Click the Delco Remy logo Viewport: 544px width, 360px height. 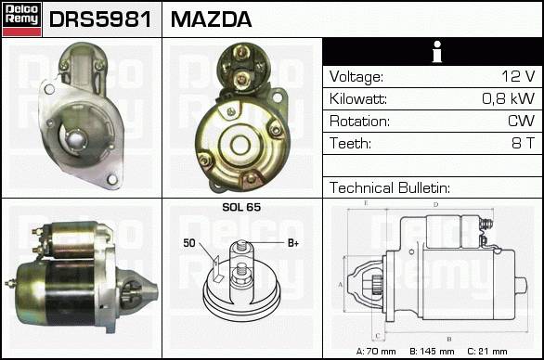[22, 19]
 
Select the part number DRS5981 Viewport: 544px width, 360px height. [100, 19]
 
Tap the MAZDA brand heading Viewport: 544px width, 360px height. [211, 19]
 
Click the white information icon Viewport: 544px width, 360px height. [437, 52]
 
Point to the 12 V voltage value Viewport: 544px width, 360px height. [518, 76]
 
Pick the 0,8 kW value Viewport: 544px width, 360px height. [509, 98]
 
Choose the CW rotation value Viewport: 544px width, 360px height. [521, 121]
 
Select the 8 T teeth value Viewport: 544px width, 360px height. [524, 143]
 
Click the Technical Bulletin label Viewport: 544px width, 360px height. [390, 187]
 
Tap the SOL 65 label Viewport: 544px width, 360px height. [241, 207]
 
